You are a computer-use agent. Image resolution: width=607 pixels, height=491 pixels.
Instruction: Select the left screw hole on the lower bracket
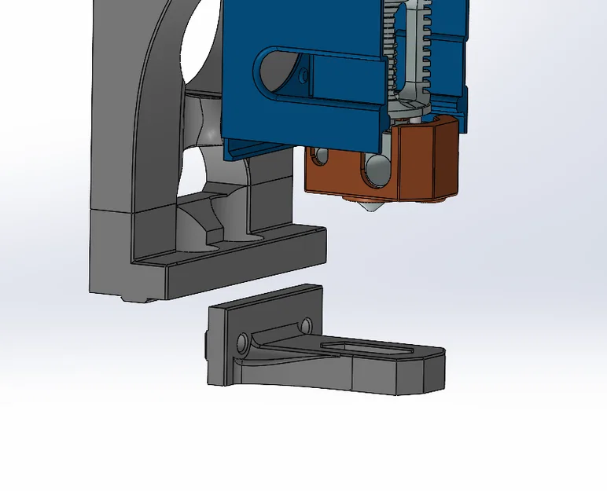tap(242, 342)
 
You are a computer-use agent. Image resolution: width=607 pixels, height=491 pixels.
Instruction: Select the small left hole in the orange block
tap(320, 157)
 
